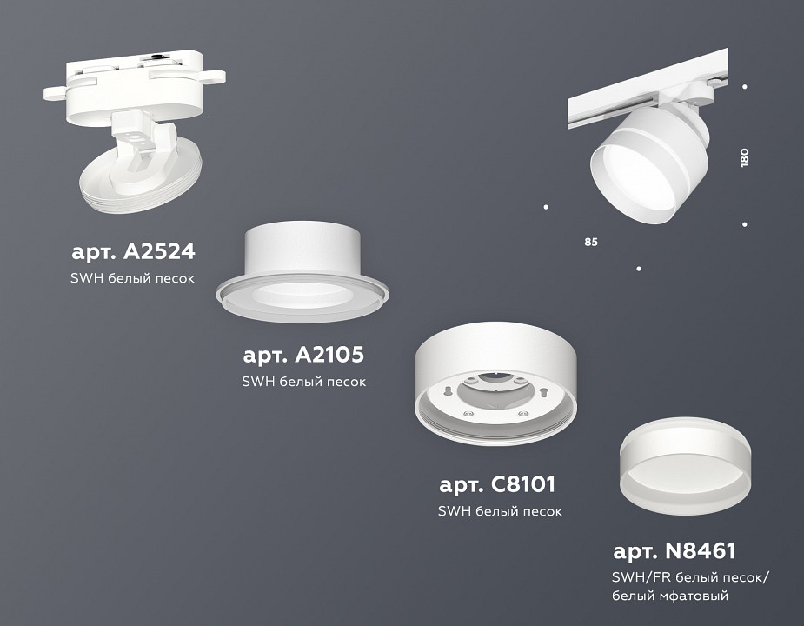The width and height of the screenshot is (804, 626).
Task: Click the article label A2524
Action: coord(133,252)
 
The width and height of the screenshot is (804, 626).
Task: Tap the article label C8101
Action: coord(496,483)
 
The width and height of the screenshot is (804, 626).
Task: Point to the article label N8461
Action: coord(674,550)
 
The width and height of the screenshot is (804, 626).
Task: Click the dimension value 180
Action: coord(745,157)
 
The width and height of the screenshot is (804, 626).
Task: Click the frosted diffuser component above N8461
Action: coord(685,469)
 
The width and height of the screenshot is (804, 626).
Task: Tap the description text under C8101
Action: coord(500,511)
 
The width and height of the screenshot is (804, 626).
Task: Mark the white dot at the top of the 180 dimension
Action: coord(745,86)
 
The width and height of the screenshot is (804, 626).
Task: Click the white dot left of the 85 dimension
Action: coord(546,207)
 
